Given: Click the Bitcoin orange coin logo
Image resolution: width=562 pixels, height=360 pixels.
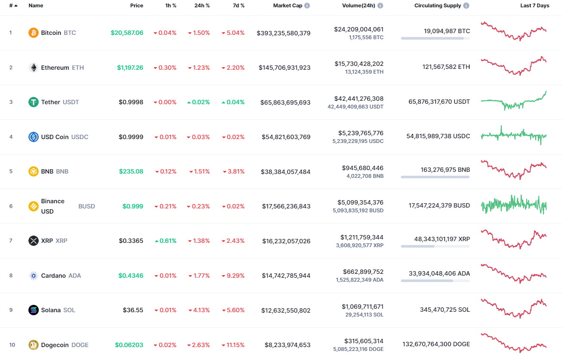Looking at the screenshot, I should click(x=34, y=33).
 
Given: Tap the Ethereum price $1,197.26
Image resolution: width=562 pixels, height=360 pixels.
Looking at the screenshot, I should click(x=130, y=68).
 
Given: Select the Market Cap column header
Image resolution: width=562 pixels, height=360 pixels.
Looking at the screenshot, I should click(x=288, y=6).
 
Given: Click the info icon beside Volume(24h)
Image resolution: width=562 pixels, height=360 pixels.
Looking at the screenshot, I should click(x=380, y=6).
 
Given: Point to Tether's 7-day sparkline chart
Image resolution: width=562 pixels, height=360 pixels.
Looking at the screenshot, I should click(x=514, y=100).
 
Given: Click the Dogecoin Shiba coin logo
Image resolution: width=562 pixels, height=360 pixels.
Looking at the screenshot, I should click(x=34, y=345).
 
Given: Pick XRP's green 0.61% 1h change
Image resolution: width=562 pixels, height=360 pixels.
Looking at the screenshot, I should click(x=166, y=241).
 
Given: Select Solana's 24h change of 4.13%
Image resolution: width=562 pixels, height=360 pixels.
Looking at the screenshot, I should click(x=199, y=310).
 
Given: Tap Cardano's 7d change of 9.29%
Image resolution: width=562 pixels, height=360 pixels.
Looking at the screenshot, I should click(x=233, y=276).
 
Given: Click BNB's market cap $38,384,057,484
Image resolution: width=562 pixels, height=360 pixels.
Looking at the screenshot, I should click(x=286, y=172).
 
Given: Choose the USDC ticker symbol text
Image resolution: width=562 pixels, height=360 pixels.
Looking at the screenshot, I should click(x=79, y=137).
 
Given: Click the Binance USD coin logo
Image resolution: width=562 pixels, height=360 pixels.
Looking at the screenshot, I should click(x=34, y=206).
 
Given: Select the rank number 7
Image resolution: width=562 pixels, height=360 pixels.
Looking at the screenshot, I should click(x=11, y=241).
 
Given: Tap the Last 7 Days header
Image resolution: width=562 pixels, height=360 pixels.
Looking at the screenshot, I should click(x=534, y=6).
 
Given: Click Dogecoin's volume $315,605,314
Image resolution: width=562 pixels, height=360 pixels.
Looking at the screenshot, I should click(x=363, y=341).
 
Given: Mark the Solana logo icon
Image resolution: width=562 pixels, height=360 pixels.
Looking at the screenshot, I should click(x=34, y=310).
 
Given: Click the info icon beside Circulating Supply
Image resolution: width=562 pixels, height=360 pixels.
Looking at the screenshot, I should click(x=466, y=6).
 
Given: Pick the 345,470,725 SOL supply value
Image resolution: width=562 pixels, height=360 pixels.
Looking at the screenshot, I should click(x=445, y=310).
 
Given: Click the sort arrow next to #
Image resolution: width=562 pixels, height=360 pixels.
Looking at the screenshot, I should click(x=16, y=6).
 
